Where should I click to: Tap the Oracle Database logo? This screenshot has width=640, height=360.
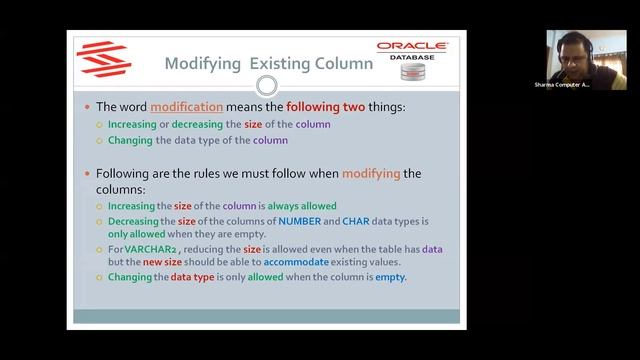click(x=412, y=60)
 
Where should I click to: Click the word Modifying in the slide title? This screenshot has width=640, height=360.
click(x=203, y=64)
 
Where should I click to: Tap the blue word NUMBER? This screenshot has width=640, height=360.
click(x=300, y=220)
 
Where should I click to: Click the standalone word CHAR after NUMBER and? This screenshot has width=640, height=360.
click(x=356, y=220)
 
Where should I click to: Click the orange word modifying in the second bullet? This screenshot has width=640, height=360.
click(x=371, y=173)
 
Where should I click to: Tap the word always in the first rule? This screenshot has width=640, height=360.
click(x=264, y=205)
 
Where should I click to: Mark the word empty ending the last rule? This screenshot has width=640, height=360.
click(x=390, y=277)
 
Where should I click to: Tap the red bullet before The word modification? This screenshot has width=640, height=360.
click(x=86, y=106)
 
